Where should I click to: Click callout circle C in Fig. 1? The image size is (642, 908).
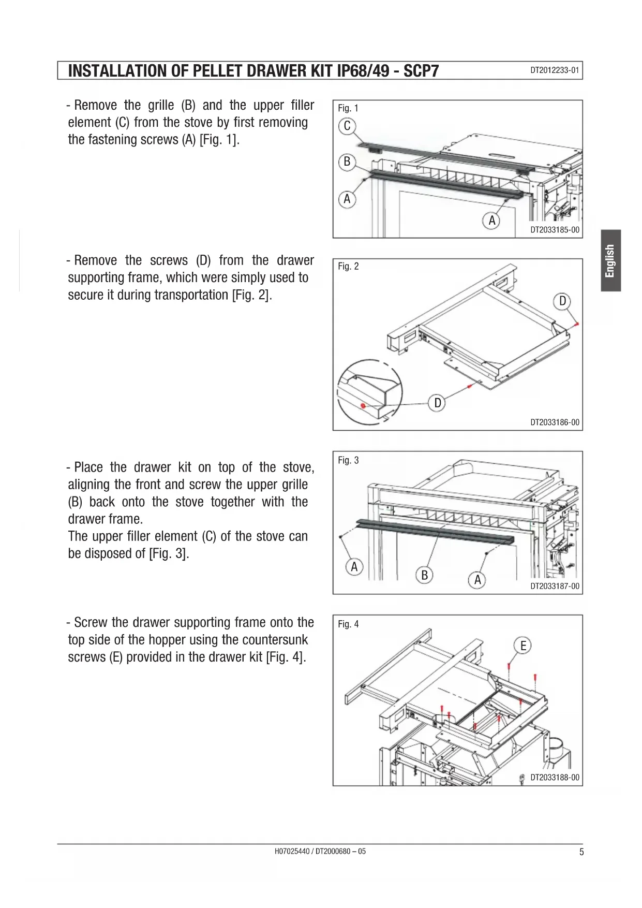pos(347,126)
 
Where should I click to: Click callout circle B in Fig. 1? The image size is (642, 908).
pos(347,162)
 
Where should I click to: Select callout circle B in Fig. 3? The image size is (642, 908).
pos(425,575)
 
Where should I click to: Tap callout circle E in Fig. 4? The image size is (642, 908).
pos(523,646)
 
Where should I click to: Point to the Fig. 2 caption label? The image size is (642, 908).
pos(348,267)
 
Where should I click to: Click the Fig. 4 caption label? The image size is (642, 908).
pos(348,624)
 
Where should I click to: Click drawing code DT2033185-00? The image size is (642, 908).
pos(555,230)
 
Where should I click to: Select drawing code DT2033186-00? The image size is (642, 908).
pos(555,422)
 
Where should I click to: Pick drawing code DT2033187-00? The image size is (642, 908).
pos(555,587)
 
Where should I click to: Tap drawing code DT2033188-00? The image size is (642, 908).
pos(555,778)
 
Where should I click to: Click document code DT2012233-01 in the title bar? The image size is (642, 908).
pos(555,70)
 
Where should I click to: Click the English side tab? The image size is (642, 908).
pos(610,261)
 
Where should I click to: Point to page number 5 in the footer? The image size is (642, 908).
pos(581,852)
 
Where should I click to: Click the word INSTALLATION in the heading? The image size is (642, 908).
pos(117,71)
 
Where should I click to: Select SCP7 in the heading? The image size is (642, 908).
pos(421,71)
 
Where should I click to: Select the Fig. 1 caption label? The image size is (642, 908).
pos(348,108)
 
